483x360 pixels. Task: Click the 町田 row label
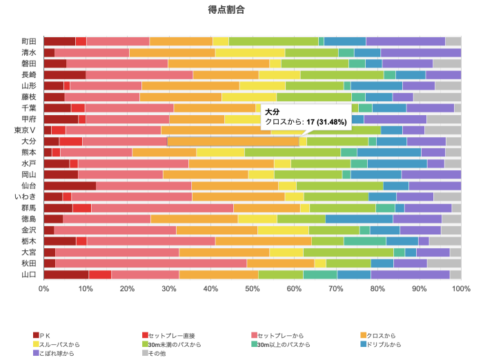click(29, 41)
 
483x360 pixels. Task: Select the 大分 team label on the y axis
click(29, 141)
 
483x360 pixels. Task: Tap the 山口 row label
click(29, 274)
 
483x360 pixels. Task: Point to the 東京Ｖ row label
click(26, 130)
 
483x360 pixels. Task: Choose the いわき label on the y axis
click(26, 197)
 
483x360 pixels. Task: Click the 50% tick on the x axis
click(253, 288)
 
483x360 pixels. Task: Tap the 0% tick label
click(43, 288)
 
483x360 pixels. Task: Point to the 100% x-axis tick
click(460, 288)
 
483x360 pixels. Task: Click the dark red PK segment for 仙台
click(70, 186)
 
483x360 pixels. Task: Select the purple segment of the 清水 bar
click(421, 52)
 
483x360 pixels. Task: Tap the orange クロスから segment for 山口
click(219, 274)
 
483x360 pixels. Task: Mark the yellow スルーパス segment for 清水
click(250, 52)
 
